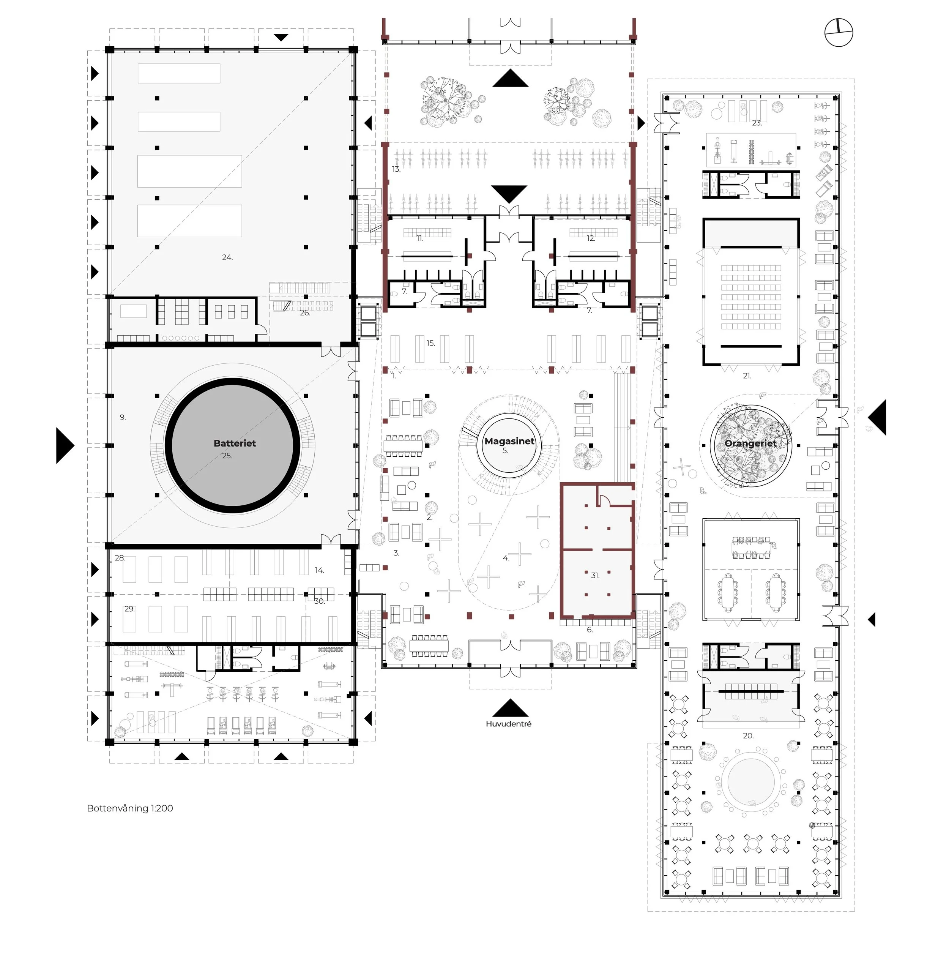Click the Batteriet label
(x=235, y=443)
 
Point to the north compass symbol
(x=839, y=33)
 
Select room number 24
(x=227, y=257)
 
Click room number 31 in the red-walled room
(x=595, y=575)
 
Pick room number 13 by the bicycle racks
(x=396, y=169)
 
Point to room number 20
(x=748, y=735)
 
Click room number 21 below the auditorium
(x=747, y=376)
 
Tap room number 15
(x=430, y=343)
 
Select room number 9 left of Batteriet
(x=123, y=418)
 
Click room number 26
(x=304, y=313)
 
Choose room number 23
(x=757, y=123)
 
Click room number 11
(x=419, y=238)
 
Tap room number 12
(x=591, y=238)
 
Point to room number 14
(x=319, y=570)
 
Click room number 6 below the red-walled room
(x=590, y=630)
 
